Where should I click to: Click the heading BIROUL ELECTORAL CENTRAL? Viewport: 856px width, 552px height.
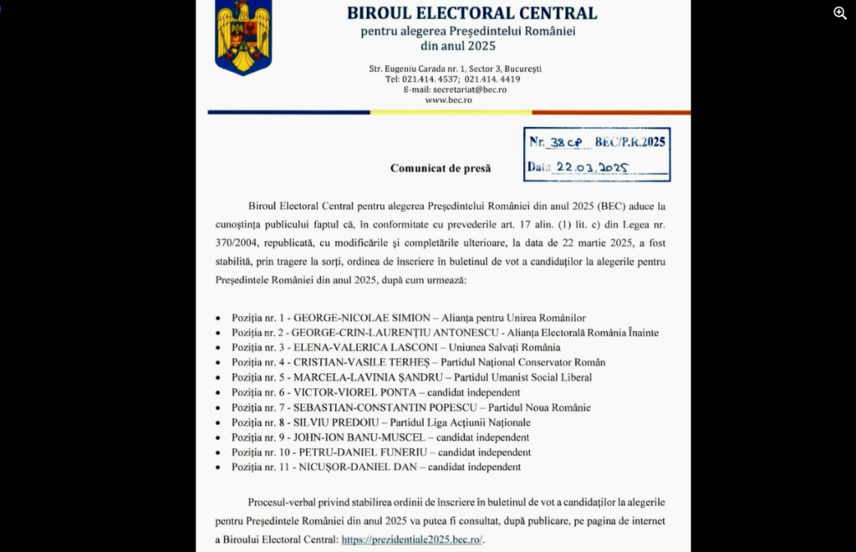472,13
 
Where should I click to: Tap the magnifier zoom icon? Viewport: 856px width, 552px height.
840,13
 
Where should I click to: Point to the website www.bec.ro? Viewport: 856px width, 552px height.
448,100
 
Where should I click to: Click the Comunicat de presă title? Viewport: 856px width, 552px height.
441,168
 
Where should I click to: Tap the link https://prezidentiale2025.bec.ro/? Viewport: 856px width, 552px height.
411,539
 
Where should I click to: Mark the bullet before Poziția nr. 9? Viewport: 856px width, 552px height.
219,438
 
